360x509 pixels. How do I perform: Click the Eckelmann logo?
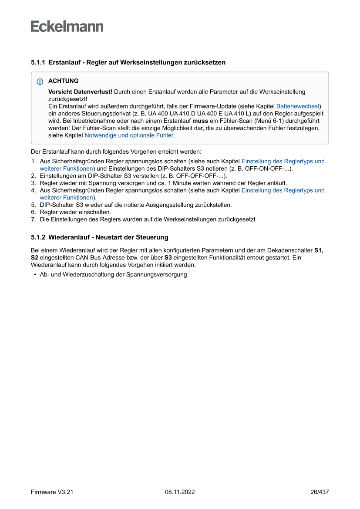pos(67,27)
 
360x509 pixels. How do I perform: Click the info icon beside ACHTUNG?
pos(40,81)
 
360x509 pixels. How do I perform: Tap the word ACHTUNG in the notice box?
pos(64,81)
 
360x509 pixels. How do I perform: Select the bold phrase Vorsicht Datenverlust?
pos(80,92)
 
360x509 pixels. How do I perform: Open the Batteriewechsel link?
pos(298,106)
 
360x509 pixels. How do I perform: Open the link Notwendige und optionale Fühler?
pos(129,135)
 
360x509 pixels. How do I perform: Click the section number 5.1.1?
pos(38,62)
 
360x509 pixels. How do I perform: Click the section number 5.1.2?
pos(38,237)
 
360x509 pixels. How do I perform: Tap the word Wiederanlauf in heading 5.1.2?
pos(67,237)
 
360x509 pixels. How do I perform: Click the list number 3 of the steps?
pos(33,183)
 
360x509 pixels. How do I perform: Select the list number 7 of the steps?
pos(33,219)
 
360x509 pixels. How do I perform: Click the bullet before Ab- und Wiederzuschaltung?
pos(34,275)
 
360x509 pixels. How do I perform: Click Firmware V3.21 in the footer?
pos(52,492)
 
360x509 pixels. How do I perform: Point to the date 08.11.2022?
pos(180,492)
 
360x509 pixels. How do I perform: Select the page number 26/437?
pos(319,492)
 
